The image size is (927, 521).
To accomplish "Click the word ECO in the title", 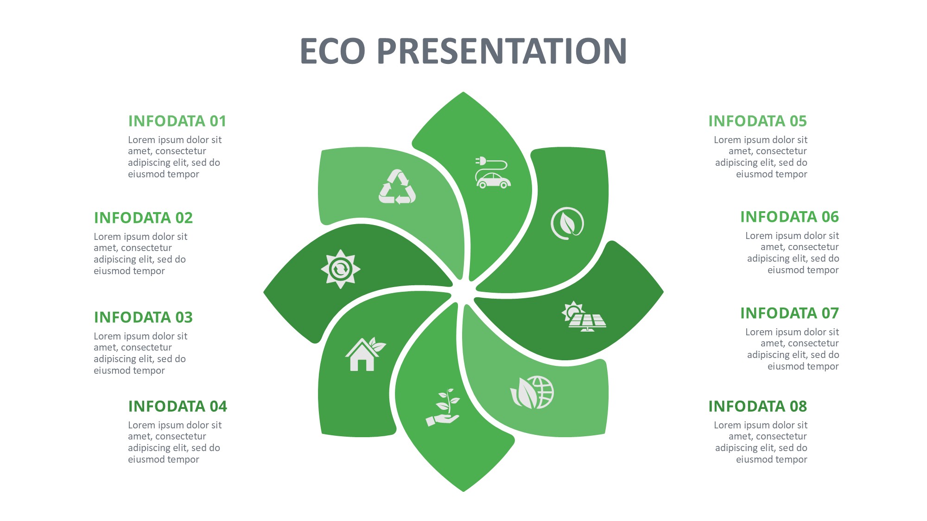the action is [333, 50].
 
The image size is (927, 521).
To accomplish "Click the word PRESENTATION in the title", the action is [502, 50].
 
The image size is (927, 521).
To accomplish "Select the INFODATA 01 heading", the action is [177, 121].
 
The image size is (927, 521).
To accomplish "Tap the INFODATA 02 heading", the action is [143, 218].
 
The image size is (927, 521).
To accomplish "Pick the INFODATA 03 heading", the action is [143, 317].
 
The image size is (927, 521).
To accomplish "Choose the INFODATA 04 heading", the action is [178, 406].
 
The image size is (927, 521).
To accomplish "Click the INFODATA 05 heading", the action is [757, 121].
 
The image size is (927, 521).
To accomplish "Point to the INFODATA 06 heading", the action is [789, 217].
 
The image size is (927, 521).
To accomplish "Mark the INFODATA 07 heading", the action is [789, 313].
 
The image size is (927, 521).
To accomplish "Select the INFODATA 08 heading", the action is [757, 406].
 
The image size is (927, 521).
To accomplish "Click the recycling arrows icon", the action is [397, 187].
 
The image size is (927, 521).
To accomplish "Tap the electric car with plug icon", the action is [493, 172].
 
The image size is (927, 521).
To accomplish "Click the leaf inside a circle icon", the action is [567, 223].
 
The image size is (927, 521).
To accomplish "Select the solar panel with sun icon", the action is [584, 317].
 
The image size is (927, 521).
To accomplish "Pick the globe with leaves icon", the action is [532, 392].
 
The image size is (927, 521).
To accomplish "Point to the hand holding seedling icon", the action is [443, 407].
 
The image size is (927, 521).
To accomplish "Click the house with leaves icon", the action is [365, 354].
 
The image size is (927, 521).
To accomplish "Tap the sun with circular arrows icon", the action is [341, 269].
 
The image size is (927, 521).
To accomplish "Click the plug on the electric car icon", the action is [481, 161].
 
